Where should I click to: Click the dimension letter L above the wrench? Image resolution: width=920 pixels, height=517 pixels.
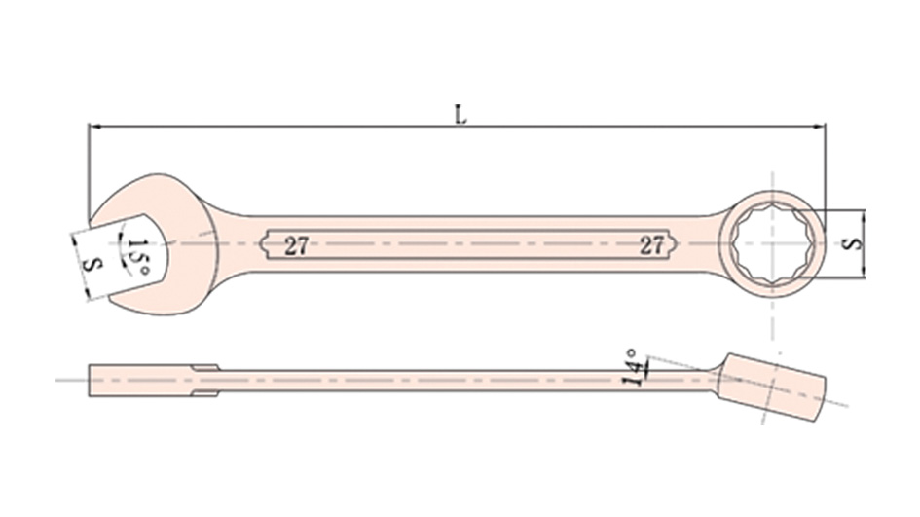pyautogui.click(x=461, y=115)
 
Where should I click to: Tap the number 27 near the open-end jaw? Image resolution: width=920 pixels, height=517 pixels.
pyautogui.click(x=296, y=245)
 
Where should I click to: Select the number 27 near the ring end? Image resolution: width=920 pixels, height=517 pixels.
pyautogui.click(x=651, y=245)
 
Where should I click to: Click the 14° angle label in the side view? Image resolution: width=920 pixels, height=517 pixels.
pyautogui.click(x=631, y=368)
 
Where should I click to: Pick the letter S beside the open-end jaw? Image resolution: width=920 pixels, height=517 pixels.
pyautogui.click(x=93, y=264)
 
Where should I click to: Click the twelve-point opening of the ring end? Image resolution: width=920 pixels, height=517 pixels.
pyautogui.click(x=772, y=243)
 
